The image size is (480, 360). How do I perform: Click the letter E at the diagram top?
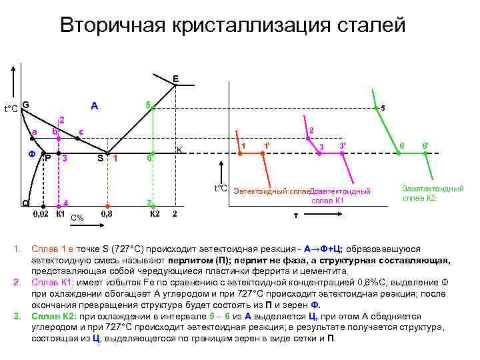[x=175, y=79]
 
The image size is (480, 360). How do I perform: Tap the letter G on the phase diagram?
[x=25, y=105]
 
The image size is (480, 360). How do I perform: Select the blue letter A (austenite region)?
[x=95, y=105]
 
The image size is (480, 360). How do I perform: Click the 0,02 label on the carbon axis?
[x=41, y=215]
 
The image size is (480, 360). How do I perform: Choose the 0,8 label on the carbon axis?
[x=106, y=215]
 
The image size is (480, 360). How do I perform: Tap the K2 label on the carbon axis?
[x=155, y=215]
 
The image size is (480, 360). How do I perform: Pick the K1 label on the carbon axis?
[x=60, y=215]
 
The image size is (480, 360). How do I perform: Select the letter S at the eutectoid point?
[x=100, y=158]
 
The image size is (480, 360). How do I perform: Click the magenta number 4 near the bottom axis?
[x=65, y=203]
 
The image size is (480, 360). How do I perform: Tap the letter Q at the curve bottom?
[x=25, y=203]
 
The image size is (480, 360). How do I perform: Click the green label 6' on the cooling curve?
[x=425, y=145]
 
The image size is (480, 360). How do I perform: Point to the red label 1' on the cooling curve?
[x=267, y=146]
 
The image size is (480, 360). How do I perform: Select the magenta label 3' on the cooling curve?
[x=342, y=145]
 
